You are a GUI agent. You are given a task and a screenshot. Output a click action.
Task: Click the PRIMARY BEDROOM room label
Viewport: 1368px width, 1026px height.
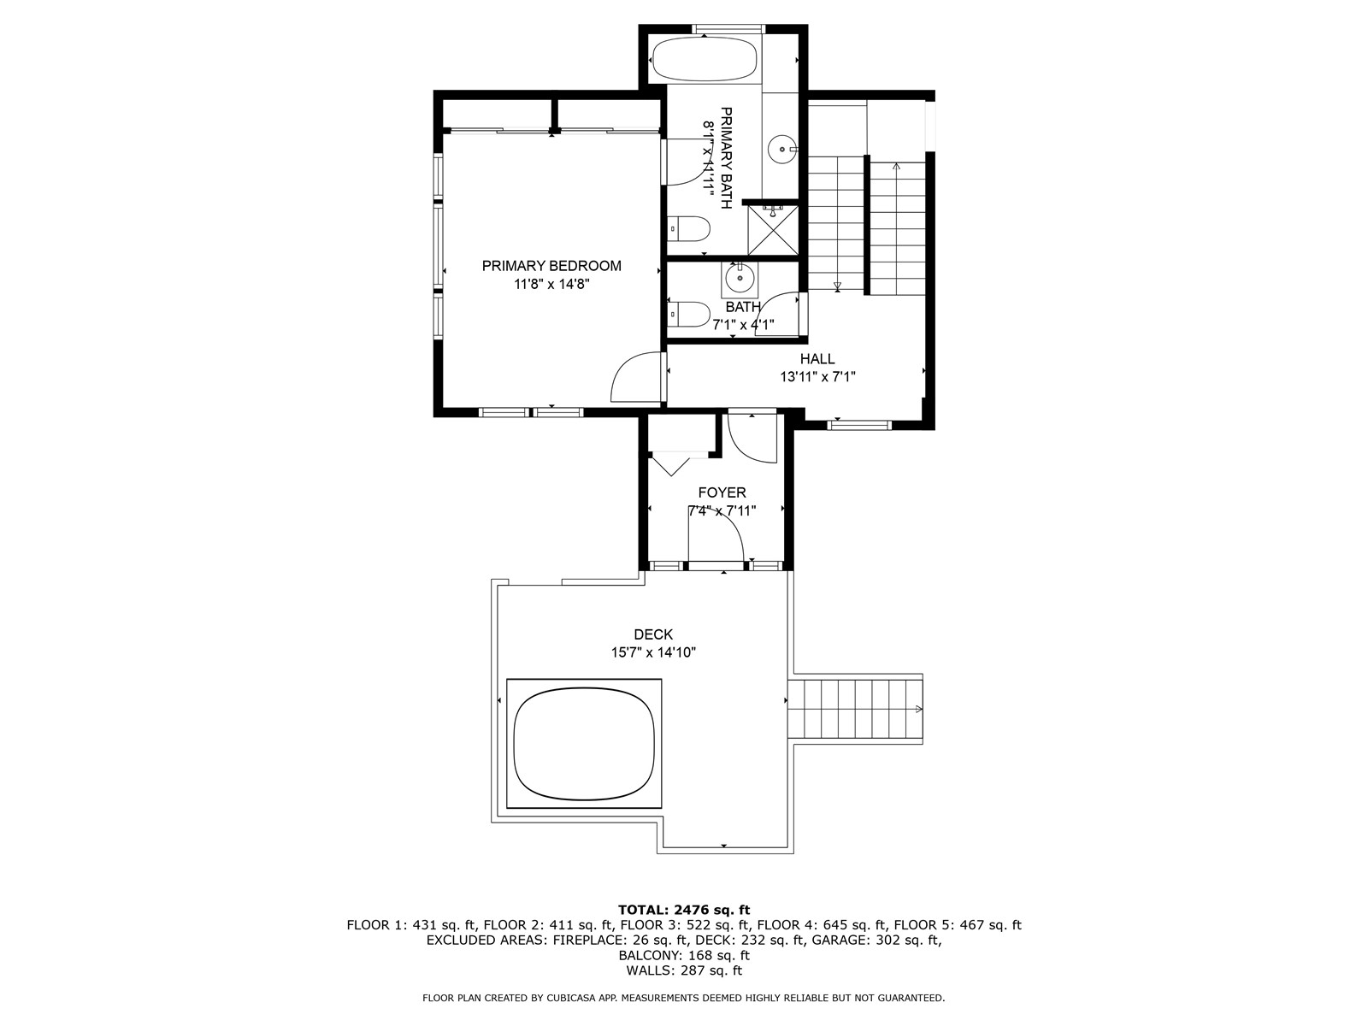pos(551,266)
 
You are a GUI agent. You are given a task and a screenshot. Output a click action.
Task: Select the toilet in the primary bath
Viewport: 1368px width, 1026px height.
pos(691,229)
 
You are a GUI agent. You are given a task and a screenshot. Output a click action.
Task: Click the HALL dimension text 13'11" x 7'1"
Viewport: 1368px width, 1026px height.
pos(817,376)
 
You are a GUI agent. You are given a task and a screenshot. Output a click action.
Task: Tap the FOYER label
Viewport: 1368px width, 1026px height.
pos(722,492)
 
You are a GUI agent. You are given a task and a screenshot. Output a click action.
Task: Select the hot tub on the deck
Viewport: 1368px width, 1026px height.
pos(584,744)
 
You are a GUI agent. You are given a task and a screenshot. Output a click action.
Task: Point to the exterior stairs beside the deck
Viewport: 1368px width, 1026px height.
pos(855,709)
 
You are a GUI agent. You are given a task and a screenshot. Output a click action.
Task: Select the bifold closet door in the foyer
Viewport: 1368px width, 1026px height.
pos(671,464)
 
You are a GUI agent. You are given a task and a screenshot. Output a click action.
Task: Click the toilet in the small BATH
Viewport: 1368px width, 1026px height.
pos(690,313)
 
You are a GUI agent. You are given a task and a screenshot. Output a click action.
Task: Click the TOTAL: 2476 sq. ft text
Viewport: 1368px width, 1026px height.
pos(683,910)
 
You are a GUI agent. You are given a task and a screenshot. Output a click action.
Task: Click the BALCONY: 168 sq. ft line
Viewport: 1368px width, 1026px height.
pos(683,955)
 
